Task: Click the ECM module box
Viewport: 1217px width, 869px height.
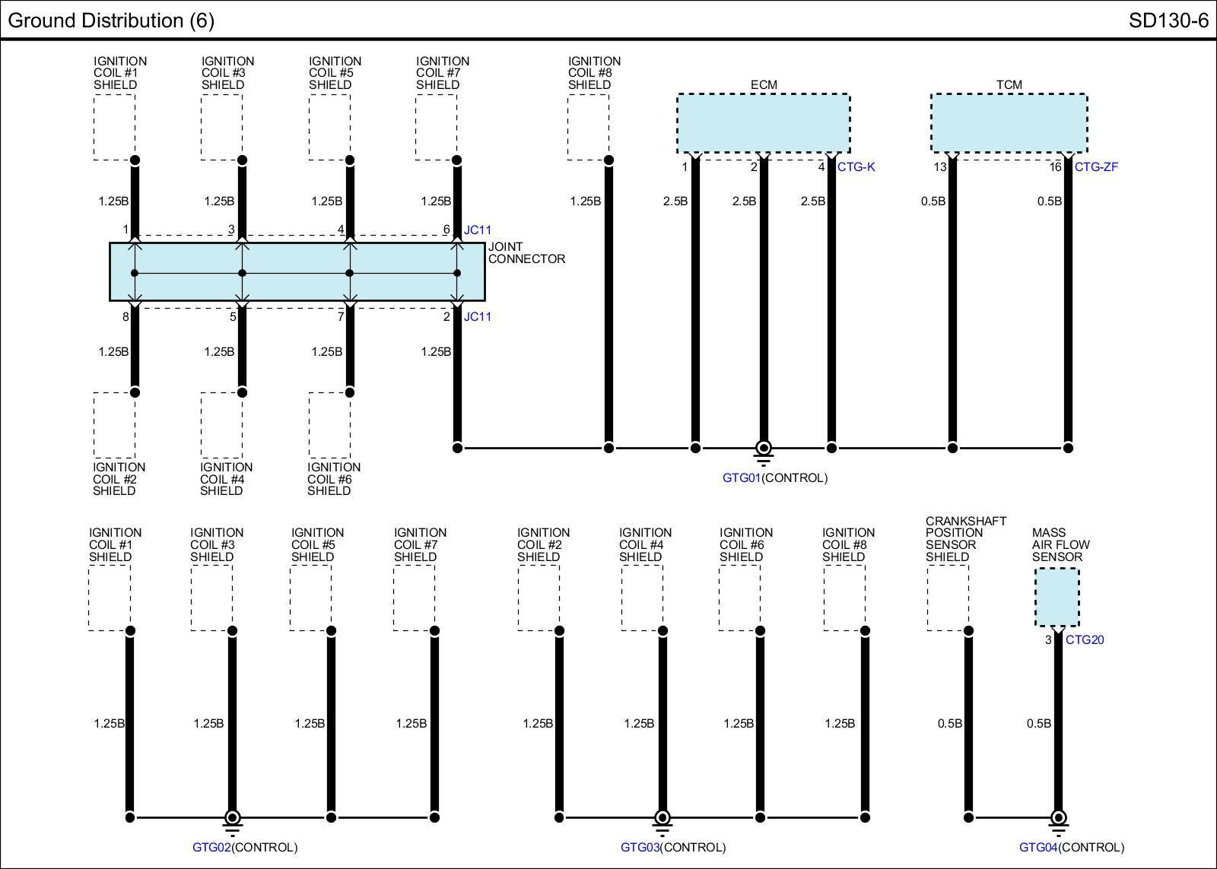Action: click(763, 123)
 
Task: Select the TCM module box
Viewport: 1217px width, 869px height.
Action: click(1009, 123)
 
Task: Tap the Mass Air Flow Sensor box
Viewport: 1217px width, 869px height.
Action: click(1057, 597)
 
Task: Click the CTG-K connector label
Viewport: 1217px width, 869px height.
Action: click(856, 167)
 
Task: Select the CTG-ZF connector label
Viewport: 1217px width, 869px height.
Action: click(1096, 167)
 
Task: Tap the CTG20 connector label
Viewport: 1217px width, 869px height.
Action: click(1085, 640)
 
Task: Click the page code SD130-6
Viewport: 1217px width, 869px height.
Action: click(1168, 21)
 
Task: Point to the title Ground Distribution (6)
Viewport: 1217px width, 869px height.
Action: click(111, 21)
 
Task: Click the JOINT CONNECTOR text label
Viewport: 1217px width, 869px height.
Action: click(526, 253)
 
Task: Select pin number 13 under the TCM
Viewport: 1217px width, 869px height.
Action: click(940, 167)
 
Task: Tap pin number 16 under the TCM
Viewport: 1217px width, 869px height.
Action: click(1055, 167)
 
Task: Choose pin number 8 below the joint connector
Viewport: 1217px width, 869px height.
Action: click(126, 317)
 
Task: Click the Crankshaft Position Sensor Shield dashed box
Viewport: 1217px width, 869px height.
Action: click(948, 598)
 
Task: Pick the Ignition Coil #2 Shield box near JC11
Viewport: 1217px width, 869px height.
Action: click(114, 426)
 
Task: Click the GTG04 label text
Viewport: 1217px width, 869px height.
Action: click(1038, 848)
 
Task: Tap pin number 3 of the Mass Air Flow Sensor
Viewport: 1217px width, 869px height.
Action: click(1048, 640)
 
